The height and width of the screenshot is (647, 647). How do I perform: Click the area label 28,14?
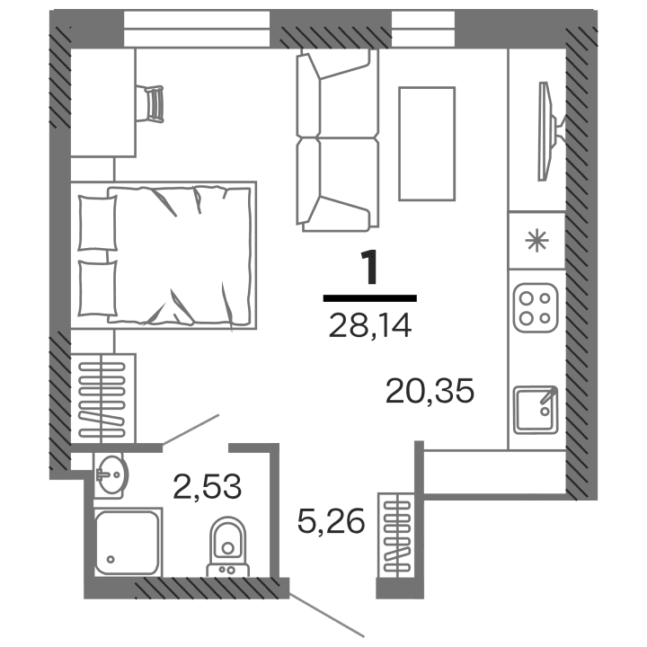[370, 324]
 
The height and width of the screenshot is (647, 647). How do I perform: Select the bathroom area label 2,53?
[207, 490]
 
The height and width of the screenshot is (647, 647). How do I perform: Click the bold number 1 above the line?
[368, 268]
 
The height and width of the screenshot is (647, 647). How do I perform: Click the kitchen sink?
[536, 409]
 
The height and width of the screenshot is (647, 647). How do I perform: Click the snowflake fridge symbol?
[536, 241]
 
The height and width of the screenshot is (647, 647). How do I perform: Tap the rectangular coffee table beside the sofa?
[427, 144]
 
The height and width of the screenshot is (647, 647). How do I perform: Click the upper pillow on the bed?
[97, 222]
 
